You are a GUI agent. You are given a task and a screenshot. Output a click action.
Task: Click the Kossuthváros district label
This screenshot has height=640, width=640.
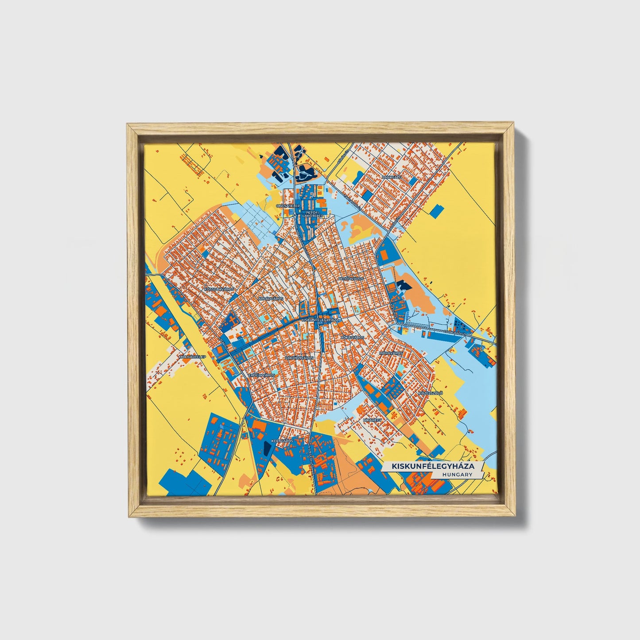[x=218, y=289]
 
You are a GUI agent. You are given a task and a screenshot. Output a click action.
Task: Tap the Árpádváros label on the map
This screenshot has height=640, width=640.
[x=271, y=299]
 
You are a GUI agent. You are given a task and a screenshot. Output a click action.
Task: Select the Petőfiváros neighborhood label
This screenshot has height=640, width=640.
[x=351, y=279]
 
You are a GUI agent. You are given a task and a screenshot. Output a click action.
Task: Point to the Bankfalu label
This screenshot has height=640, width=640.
[x=383, y=177]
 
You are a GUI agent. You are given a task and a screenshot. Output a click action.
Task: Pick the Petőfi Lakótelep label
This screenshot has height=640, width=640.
[x=313, y=214]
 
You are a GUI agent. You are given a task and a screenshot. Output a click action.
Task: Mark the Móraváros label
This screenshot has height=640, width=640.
[x=391, y=353]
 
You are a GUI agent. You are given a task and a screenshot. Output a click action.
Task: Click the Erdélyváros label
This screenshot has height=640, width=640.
[x=262, y=375]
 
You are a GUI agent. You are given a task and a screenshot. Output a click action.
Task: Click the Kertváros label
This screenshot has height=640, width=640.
[x=283, y=441]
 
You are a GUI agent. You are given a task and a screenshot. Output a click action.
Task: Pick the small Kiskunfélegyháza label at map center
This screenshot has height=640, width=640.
[x=319, y=319]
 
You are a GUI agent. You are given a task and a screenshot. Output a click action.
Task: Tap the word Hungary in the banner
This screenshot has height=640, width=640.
[x=457, y=474]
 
